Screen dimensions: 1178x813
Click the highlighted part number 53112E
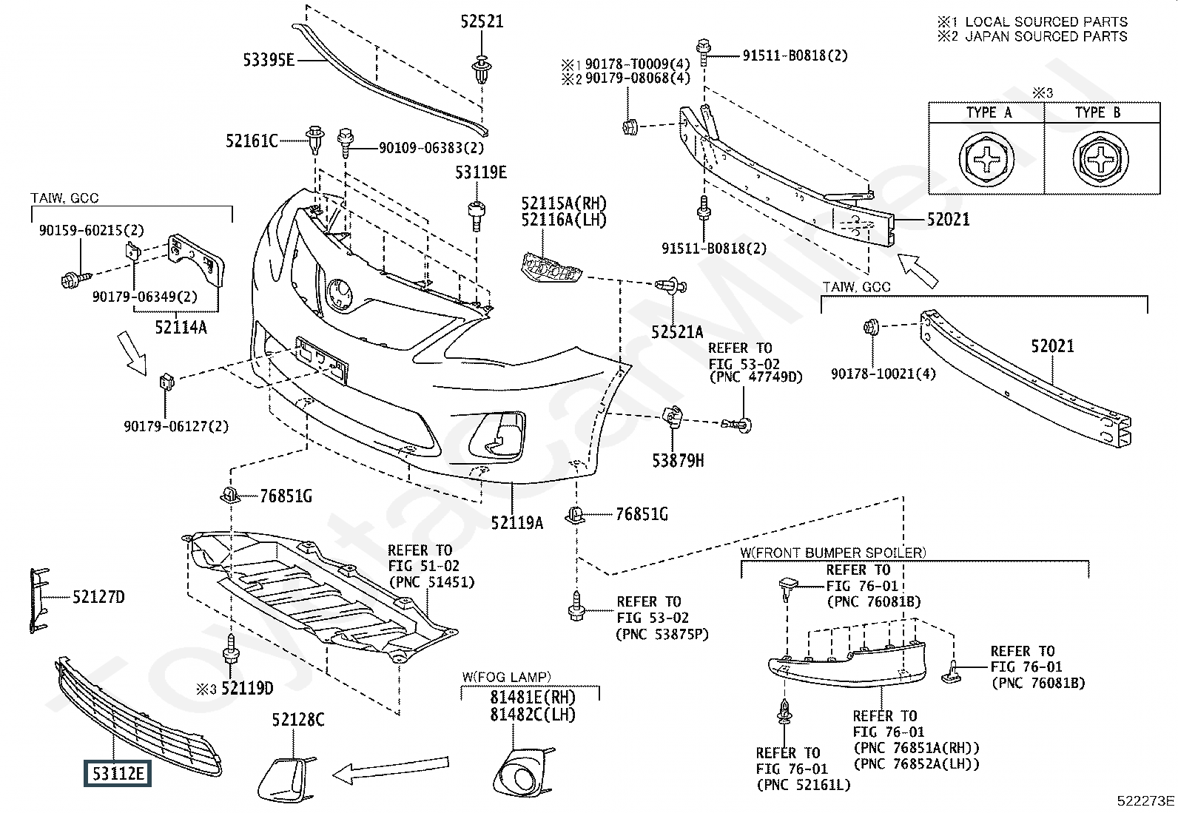117,773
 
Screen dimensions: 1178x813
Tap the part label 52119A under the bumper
517,523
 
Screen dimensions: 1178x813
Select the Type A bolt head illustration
986,159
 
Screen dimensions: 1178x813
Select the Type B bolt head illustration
1100,159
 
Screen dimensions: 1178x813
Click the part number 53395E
268,60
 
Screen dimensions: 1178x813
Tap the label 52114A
181,328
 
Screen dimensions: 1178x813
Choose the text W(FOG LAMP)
506,677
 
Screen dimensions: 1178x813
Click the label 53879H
678,461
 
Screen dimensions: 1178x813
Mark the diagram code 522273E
1145,800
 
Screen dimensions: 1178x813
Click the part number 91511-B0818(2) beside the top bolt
795,55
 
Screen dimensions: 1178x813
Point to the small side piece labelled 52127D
39,601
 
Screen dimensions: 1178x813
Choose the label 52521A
677,332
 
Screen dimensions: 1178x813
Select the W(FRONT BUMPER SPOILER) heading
833,553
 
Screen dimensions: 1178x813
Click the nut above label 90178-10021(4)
871,327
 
